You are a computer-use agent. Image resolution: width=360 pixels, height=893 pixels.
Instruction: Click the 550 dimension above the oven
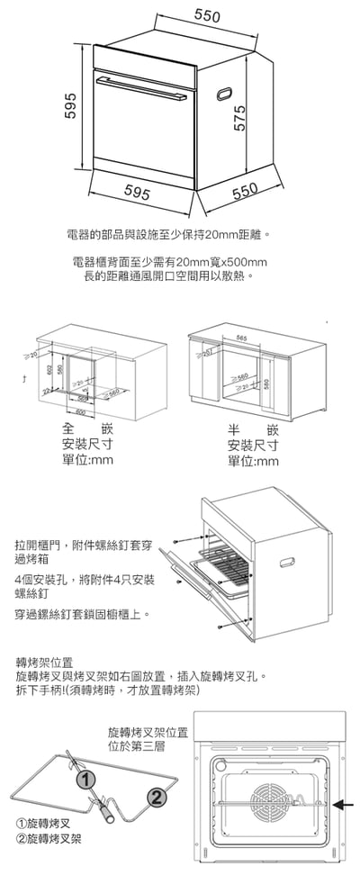(208, 16)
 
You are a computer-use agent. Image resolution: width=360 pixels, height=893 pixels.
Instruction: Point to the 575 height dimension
(240, 117)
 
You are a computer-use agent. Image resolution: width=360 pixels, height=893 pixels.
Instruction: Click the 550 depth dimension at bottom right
(246, 190)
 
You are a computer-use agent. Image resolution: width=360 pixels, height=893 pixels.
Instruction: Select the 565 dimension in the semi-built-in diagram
(241, 337)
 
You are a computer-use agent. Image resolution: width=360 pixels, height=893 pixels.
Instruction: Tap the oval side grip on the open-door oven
(285, 563)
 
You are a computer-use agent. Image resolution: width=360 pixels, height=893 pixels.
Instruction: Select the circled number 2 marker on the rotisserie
(155, 797)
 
